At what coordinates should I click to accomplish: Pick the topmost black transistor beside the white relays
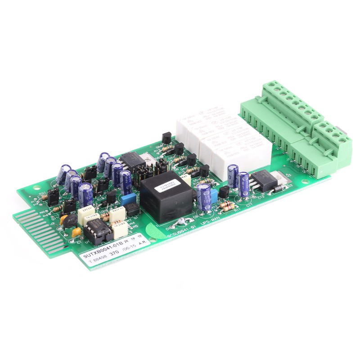click(166, 139)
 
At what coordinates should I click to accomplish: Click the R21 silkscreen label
click(42, 194)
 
